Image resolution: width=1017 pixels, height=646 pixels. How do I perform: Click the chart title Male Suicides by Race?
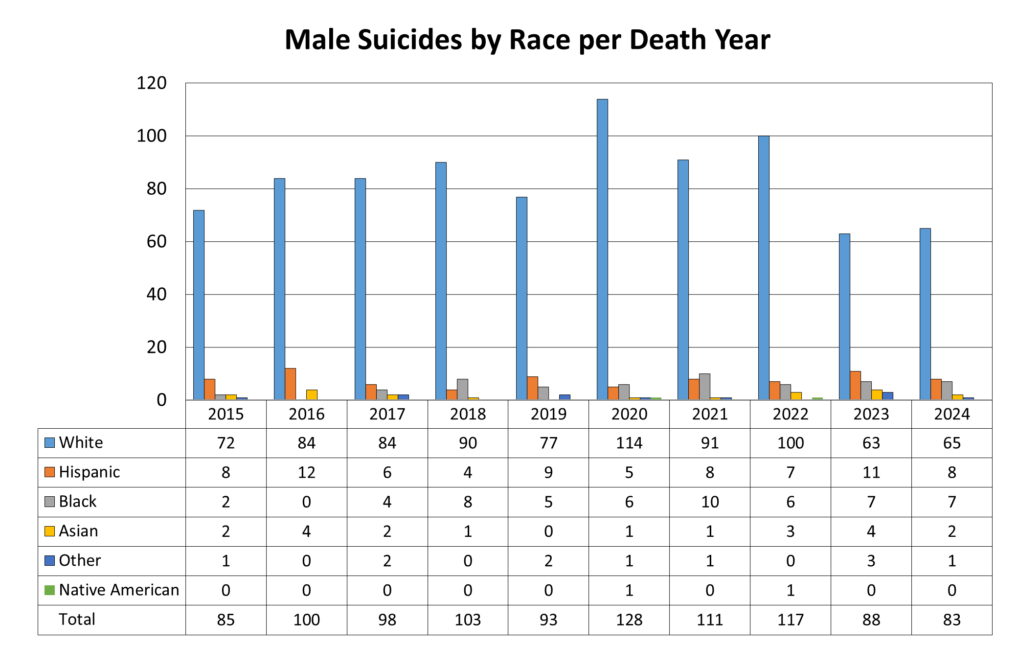click(527, 40)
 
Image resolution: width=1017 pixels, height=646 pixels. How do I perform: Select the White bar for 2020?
click(602, 250)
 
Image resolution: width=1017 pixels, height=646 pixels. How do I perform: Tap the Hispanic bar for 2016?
click(290, 384)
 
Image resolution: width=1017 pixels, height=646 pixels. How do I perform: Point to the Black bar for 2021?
click(704, 387)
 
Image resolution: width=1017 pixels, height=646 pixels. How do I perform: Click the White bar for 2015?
click(199, 305)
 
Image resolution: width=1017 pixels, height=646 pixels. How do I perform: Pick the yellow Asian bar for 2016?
click(312, 394)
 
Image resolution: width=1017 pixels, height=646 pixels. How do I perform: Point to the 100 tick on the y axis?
click(152, 136)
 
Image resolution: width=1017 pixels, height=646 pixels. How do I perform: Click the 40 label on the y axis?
click(157, 295)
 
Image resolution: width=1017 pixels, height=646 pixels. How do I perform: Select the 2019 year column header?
click(548, 415)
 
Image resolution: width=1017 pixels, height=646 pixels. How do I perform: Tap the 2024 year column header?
click(951, 415)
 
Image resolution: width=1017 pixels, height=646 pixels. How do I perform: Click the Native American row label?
click(119, 590)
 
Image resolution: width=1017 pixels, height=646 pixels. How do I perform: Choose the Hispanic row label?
click(89, 472)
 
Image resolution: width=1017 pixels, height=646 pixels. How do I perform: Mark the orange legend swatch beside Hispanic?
click(49, 472)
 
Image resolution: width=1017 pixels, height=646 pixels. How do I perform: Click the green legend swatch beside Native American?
click(49, 590)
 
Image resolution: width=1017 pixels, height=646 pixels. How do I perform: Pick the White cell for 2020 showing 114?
click(629, 443)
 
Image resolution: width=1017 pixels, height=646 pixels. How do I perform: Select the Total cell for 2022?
click(791, 620)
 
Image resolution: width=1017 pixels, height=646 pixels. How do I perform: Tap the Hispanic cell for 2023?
click(871, 473)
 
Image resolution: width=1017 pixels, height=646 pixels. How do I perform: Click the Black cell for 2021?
click(710, 502)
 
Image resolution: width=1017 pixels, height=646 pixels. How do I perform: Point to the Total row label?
click(77, 620)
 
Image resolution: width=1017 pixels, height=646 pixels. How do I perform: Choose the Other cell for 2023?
click(871, 561)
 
